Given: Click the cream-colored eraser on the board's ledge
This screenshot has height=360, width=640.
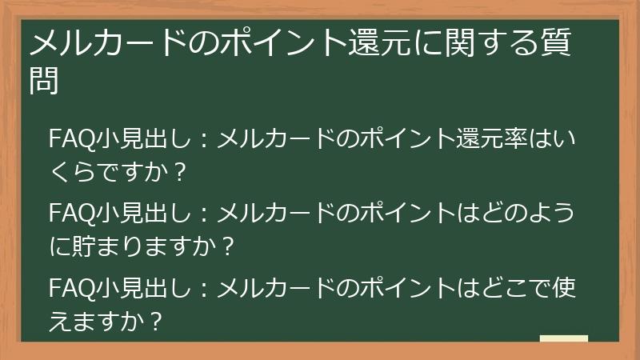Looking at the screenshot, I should pyautogui.click(x=563, y=338).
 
